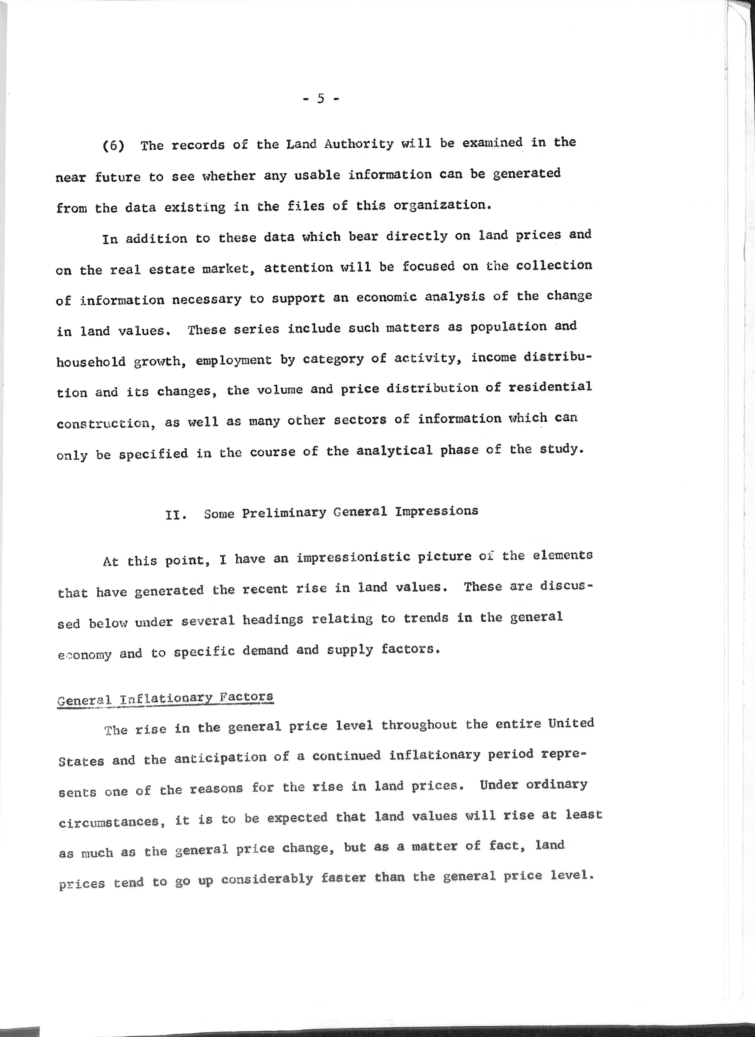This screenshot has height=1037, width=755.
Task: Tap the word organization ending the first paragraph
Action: [x=442, y=205]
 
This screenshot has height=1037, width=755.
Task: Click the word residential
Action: [x=550, y=388]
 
